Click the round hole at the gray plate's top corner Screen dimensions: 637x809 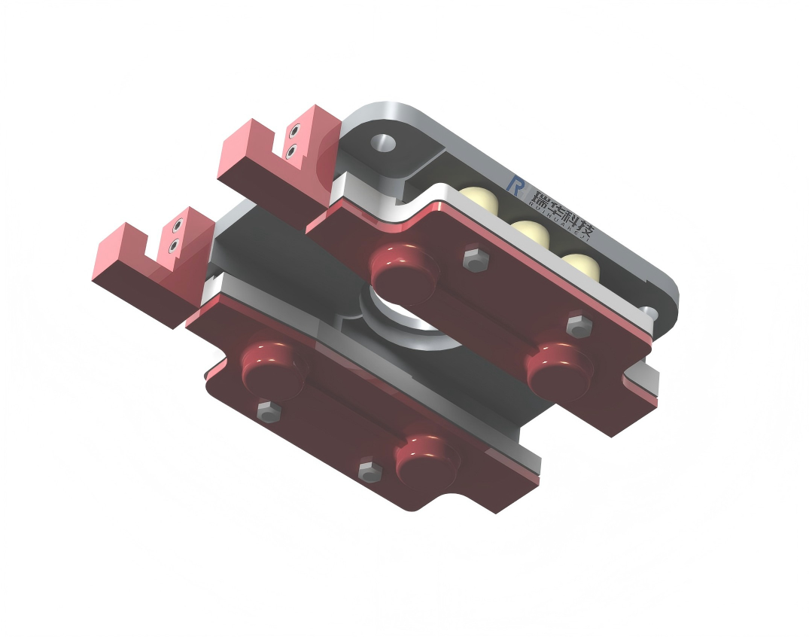tap(384, 142)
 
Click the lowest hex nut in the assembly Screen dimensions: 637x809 tap(369, 471)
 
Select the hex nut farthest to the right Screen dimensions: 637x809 tap(578, 326)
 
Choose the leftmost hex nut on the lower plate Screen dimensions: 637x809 tap(268, 410)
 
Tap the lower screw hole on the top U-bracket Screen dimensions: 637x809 tap(291, 151)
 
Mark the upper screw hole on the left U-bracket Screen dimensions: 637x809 tap(178, 226)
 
